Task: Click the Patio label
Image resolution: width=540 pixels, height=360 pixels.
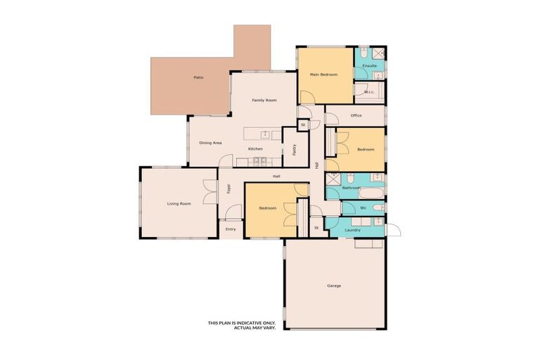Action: click(198, 77)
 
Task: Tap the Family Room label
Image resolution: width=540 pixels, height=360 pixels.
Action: click(264, 101)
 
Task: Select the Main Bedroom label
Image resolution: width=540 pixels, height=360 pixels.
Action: click(324, 75)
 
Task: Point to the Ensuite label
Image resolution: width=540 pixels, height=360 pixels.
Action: click(370, 66)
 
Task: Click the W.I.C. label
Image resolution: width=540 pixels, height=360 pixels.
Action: click(369, 92)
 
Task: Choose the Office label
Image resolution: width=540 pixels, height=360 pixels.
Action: click(356, 115)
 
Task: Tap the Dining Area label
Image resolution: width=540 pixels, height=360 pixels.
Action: click(210, 143)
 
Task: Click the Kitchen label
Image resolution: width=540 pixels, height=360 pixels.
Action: click(255, 149)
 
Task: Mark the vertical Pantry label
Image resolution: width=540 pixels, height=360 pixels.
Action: click(294, 149)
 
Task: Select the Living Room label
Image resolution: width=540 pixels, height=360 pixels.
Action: click(179, 204)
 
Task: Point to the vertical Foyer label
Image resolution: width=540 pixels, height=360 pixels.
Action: click(229, 188)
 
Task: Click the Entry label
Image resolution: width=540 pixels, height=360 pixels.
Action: click(230, 229)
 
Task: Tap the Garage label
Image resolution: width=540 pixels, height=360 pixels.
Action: click(334, 285)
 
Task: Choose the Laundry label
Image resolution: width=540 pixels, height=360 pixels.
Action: click(353, 230)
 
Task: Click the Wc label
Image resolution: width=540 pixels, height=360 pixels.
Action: click(363, 208)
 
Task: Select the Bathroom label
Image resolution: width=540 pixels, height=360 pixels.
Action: click(351, 188)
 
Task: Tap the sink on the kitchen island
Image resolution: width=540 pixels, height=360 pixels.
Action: click(266, 134)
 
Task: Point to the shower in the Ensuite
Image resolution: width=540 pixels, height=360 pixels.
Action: click(378, 53)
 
